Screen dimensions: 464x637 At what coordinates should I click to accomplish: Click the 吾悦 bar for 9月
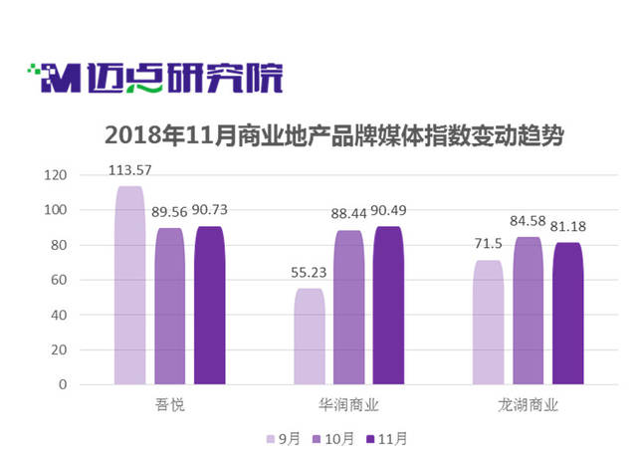[x=129, y=285]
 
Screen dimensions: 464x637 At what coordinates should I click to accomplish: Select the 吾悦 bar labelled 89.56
[x=169, y=306]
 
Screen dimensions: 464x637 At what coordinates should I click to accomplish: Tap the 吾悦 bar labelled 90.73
[x=209, y=305]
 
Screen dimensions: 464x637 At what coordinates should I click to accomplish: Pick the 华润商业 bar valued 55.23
[x=309, y=336]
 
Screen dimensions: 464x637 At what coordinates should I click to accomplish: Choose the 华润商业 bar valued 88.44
[x=348, y=307]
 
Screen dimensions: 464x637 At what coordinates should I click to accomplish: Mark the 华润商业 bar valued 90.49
[x=388, y=305]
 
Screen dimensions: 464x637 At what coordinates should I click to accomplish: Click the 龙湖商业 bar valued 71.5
[x=488, y=322]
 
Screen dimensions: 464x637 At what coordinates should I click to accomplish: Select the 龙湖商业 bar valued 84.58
[x=528, y=311]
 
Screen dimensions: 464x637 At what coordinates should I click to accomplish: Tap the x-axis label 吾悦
[x=169, y=405]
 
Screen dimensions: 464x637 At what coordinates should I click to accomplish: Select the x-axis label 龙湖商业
[x=528, y=405]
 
